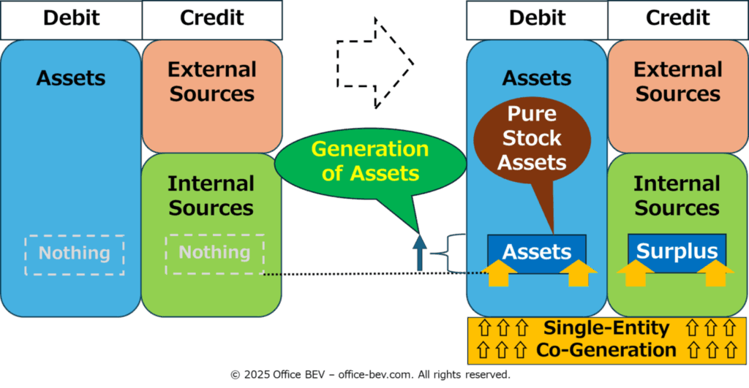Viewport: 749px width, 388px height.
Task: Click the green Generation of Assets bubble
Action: [369, 161]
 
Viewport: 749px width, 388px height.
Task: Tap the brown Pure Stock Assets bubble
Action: [532, 138]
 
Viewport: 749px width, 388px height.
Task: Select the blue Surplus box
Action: [677, 251]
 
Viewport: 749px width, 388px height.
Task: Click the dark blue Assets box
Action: [537, 251]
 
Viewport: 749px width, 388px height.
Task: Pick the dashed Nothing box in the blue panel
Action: [75, 254]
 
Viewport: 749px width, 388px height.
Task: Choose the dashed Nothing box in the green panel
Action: [215, 253]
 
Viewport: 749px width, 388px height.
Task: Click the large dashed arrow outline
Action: [375, 63]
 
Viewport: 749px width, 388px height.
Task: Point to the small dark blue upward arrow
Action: [420, 252]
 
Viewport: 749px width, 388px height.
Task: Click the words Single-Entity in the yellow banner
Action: [606, 329]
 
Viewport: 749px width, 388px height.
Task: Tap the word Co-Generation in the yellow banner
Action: [606, 350]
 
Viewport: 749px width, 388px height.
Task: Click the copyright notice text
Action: [370, 374]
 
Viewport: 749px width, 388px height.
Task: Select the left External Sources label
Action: [212, 81]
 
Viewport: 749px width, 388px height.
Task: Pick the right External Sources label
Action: [677, 81]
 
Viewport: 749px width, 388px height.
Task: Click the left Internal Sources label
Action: [212, 195]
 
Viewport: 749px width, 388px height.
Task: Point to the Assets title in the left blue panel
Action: [71, 77]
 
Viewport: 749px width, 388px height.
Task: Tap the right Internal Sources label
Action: [677, 195]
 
